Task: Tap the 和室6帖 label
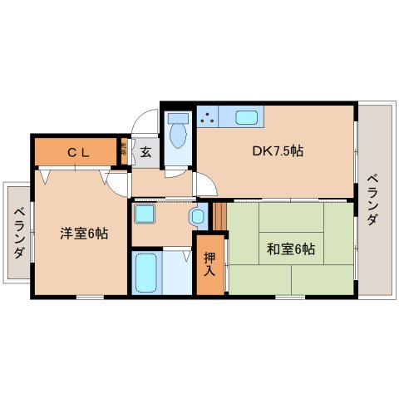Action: (x=291, y=247)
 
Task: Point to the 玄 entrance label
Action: (x=145, y=151)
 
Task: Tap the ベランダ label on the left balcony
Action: (x=17, y=234)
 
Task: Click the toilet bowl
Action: (x=175, y=135)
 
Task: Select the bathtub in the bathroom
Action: (x=147, y=272)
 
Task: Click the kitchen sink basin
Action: (x=247, y=117)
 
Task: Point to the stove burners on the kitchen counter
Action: (x=208, y=117)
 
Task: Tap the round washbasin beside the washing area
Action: (x=198, y=218)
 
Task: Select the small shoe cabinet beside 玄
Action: (x=124, y=150)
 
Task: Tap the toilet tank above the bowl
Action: (x=175, y=116)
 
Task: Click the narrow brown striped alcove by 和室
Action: (x=219, y=216)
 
